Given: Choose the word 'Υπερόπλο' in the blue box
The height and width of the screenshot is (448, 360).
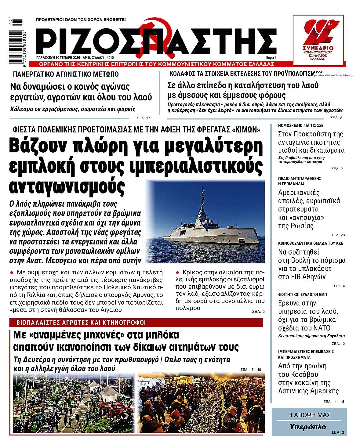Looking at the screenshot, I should click(307, 427).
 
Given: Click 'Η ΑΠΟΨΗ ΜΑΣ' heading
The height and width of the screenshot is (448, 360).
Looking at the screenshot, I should click(309, 415).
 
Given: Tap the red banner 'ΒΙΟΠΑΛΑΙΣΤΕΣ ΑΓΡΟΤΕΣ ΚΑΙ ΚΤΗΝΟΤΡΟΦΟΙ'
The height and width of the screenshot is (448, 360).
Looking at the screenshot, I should click(81, 323).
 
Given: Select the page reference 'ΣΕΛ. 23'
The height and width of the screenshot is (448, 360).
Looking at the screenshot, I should click(338, 235).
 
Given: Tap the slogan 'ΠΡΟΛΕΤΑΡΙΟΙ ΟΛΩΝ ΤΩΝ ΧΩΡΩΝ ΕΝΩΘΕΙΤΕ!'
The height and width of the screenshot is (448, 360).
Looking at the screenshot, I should click(81, 20).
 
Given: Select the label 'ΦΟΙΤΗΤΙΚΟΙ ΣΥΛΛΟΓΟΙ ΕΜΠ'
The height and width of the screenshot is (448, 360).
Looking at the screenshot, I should click(302, 294).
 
